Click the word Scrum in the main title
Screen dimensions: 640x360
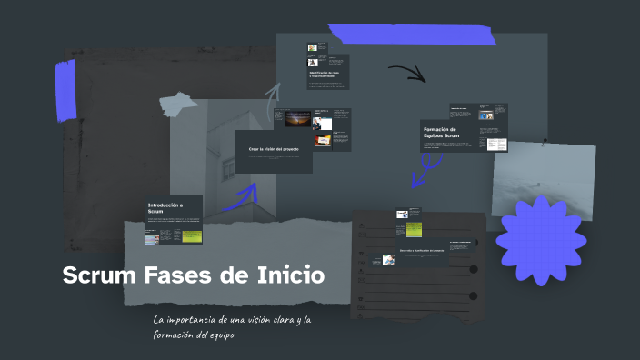(99, 275)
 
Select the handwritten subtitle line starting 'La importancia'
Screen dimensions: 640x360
(233, 320)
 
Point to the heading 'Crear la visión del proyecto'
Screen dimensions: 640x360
(273, 148)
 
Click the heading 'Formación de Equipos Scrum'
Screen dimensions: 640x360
(445, 134)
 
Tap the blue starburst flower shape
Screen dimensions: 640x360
(539, 239)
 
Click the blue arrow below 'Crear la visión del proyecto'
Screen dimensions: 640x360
(242, 198)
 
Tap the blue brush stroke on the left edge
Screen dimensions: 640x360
(65, 90)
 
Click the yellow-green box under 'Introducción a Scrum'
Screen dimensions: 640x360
(191, 236)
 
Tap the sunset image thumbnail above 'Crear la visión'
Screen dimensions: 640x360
(295, 119)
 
